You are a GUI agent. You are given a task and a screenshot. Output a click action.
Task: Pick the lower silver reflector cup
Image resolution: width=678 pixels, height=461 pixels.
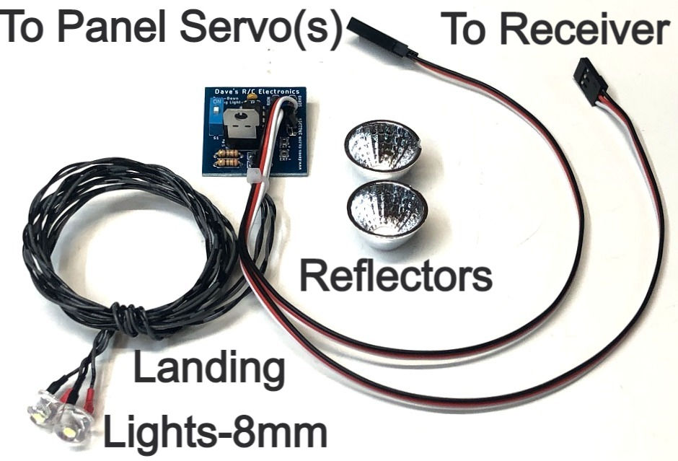coord(388,213)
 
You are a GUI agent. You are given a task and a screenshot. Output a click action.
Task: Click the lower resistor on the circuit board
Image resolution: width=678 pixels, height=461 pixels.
coord(228,162)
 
